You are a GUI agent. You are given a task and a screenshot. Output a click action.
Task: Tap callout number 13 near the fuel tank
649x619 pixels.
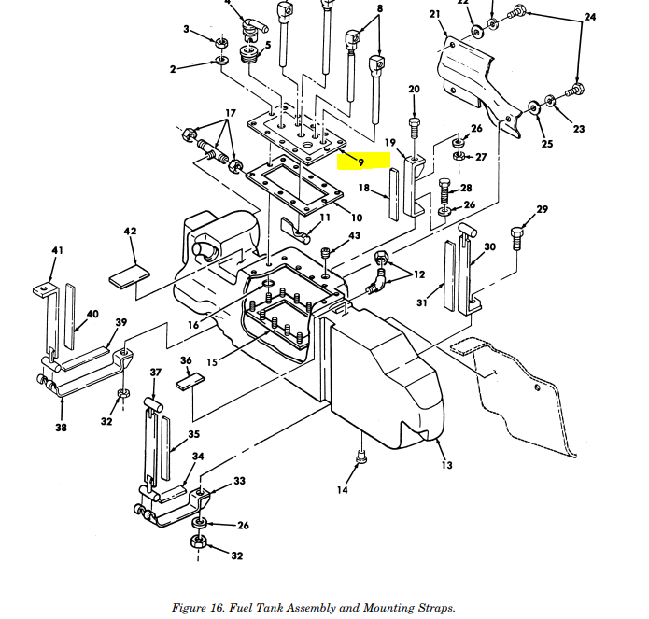click(x=446, y=465)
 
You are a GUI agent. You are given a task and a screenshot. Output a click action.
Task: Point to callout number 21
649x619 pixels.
click(x=435, y=14)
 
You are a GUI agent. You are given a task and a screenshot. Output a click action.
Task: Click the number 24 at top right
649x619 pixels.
click(x=589, y=17)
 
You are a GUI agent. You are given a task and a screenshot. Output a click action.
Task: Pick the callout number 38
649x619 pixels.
click(x=61, y=429)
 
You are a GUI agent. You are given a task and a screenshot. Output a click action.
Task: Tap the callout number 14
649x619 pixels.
click(x=343, y=489)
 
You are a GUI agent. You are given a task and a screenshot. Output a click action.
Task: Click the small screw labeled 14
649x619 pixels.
click(x=360, y=457)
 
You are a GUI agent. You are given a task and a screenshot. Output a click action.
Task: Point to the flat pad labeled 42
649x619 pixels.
click(x=129, y=277)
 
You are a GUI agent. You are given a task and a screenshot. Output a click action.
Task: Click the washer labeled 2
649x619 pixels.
click(x=223, y=62)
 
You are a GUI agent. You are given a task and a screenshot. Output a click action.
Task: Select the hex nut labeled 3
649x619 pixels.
click(x=222, y=42)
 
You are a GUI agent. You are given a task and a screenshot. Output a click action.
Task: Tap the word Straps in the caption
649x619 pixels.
click(x=436, y=608)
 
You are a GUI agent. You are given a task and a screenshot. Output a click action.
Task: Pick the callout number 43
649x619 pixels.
click(x=354, y=235)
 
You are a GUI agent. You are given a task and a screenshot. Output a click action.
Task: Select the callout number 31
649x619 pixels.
click(x=421, y=302)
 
